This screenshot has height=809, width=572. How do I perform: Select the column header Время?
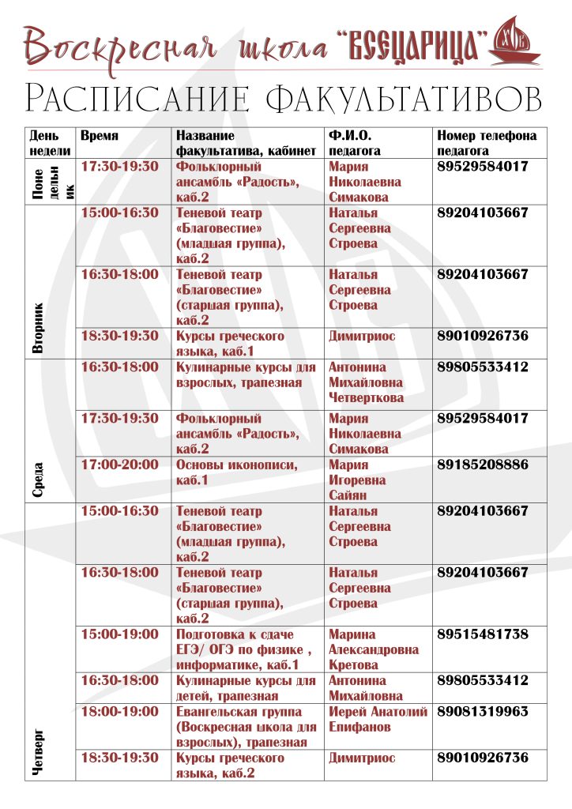[100, 136]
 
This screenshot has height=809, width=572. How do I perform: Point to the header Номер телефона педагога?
[487, 143]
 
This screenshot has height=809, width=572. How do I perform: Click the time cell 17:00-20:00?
[120, 465]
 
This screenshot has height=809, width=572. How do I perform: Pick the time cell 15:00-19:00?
[120, 634]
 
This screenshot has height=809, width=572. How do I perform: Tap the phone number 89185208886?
[483, 465]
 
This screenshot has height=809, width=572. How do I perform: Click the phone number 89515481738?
[483, 634]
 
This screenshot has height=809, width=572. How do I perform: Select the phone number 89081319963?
[483, 712]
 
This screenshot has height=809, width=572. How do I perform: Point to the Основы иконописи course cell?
[237, 472]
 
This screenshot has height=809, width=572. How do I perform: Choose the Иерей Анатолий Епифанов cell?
[378, 720]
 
